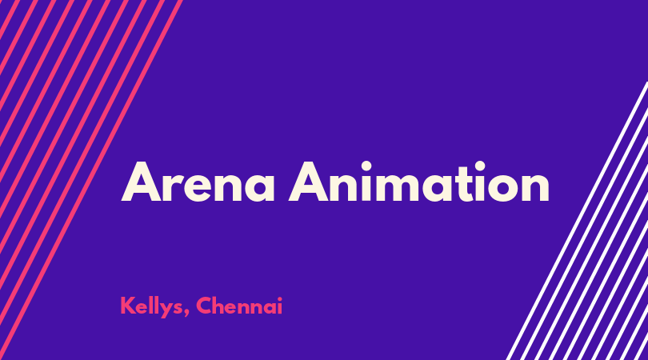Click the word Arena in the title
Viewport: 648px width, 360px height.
(x=198, y=182)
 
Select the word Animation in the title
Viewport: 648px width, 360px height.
(x=418, y=182)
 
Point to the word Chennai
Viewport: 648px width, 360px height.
(x=239, y=306)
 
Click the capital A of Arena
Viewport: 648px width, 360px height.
(x=142, y=182)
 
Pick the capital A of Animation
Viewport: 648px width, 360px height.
(x=309, y=182)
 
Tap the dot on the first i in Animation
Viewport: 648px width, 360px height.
(x=366, y=166)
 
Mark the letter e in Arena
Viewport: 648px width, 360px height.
(x=196, y=186)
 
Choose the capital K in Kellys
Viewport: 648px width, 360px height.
(x=127, y=306)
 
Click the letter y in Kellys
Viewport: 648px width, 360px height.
(x=165, y=310)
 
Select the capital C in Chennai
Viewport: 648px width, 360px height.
(x=204, y=306)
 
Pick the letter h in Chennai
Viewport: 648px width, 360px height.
(x=221, y=306)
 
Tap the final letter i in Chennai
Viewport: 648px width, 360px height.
(x=280, y=306)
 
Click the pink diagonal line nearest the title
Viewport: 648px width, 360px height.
(x=90, y=180)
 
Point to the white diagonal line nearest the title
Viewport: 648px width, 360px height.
(x=578, y=220)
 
